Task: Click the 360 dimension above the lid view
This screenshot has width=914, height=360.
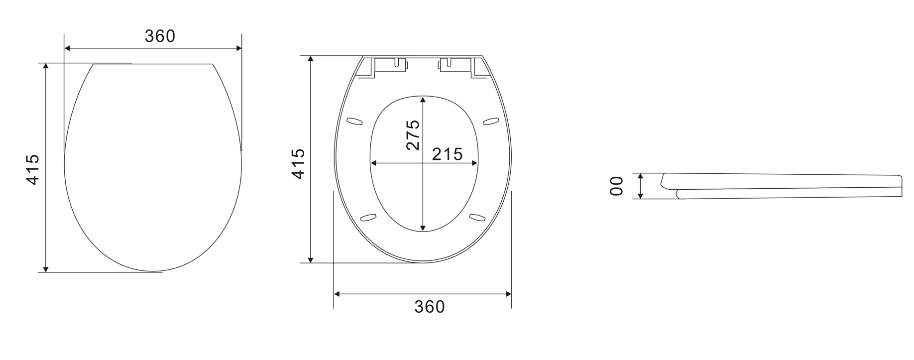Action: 160,36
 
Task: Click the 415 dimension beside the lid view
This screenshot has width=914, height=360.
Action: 33,169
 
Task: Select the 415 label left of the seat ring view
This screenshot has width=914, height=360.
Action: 298,163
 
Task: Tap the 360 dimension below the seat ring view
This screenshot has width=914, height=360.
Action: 429,307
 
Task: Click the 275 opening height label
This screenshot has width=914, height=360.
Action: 413,135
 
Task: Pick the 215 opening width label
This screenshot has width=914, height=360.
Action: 447,154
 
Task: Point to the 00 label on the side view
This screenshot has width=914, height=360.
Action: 617,186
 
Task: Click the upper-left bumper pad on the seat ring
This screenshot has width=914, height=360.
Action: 354,120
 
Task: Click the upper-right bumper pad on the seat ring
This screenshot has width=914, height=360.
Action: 491,120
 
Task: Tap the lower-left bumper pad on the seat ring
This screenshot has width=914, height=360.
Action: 368,217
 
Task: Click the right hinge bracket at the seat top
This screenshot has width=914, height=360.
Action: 455,65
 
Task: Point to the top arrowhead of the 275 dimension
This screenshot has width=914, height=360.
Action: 423,99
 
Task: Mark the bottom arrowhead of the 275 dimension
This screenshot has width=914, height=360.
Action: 423,228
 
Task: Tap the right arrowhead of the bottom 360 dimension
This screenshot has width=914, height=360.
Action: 508,294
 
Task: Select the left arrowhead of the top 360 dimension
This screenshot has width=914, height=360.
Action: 68,48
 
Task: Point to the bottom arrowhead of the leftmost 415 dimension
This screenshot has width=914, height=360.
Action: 46,269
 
